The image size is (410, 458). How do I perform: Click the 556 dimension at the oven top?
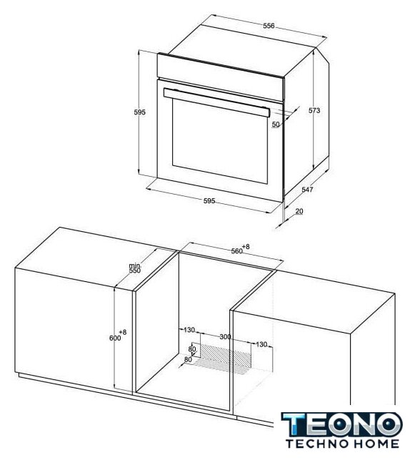click(x=269, y=26)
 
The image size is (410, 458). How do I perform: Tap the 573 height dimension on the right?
click(x=314, y=110)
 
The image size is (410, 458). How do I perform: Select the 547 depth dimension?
click(x=307, y=190)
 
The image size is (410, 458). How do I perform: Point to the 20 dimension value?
click(x=299, y=211)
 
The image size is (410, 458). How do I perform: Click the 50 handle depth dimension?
click(x=276, y=124)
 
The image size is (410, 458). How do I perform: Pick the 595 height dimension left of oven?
click(x=139, y=112)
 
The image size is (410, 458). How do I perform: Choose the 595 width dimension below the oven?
click(x=209, y=200)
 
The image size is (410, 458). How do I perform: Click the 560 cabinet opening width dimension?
click(x=240, y=249)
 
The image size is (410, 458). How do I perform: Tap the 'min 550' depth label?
click(x=135, y=268)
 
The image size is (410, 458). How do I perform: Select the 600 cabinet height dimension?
click(x=118, y=336)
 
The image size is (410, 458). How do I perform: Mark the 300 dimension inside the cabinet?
click(x=225, y=337)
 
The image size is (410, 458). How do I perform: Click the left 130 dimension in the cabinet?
click(x=189, y=330)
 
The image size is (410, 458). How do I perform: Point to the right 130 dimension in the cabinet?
click(x=261, y=344)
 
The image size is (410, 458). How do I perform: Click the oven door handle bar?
click(x=216, y=102)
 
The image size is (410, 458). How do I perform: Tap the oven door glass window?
click(x=219, y=142)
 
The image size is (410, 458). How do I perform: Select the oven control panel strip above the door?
click(x=220, y=77)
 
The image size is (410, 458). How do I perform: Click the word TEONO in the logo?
click(x=341, y=424)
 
